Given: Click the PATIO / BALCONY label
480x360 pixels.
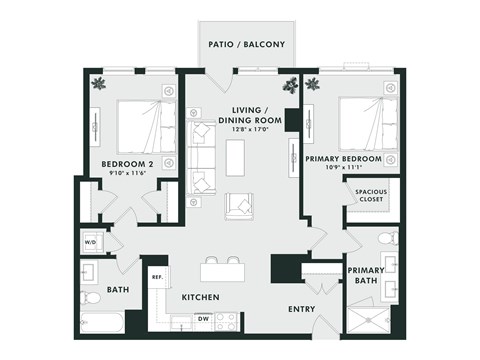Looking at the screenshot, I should (x=246, y=45).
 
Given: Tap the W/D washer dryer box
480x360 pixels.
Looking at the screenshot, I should (x=89, y=241).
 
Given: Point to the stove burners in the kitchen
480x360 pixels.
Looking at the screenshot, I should (x=227, y=321).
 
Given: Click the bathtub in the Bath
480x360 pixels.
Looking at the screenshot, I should (x=102, y=322).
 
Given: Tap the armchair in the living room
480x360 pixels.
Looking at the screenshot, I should (x=241, y=204).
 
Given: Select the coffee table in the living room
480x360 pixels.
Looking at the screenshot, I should (x=236, y=157).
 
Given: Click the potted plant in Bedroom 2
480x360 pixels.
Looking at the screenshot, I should (x=98, y=84).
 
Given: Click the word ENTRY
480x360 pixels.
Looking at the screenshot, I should (x=301, y=309).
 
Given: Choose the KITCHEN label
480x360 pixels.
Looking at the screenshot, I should (x=200, y=297).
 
